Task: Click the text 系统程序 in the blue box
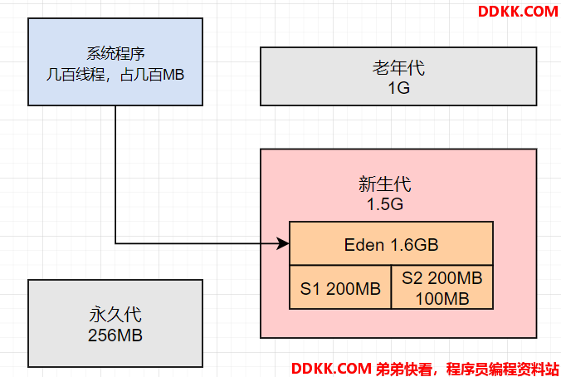coord(115,54)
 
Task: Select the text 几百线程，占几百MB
coord(115,75)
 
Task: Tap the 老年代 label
coord(398,67)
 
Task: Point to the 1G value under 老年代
coord(398,88)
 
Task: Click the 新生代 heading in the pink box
coord(385,184)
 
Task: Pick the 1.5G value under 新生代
coord(385,204)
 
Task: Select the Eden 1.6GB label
coord(391,245)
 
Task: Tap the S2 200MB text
coord(441,278)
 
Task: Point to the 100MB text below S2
coord(442,299)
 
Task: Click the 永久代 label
coord(115,315)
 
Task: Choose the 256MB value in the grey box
coord(115,335)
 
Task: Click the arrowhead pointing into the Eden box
coord(283,244)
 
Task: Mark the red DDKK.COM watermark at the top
coord(518,12)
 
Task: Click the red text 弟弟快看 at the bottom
coord(404,370)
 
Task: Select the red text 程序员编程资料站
coord(503,370)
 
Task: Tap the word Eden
coord(364,245)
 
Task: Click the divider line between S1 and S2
coord(391,287)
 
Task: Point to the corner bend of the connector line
coord(115,244)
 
